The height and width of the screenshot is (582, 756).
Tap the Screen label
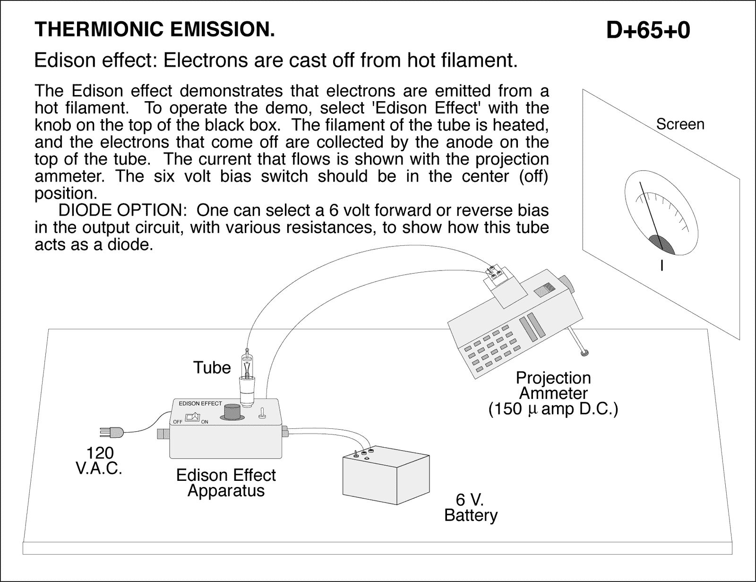tap(680, 124)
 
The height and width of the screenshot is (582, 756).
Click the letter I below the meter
tap(661, 266)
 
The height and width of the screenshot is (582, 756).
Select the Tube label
tap(212, 367)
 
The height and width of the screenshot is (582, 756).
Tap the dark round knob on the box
tap(232, 412)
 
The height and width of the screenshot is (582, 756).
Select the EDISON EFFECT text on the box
tap(200, 404)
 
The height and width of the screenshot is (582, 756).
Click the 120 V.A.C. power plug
tap(112, 432)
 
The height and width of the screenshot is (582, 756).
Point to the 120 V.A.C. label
tap(99, 461)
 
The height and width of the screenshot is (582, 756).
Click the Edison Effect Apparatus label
tap(226, 482)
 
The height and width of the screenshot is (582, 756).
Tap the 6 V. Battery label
tap(471, 507)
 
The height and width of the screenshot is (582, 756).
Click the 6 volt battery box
tap(385, 480)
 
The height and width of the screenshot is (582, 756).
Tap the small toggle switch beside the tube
tap(261, 414)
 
